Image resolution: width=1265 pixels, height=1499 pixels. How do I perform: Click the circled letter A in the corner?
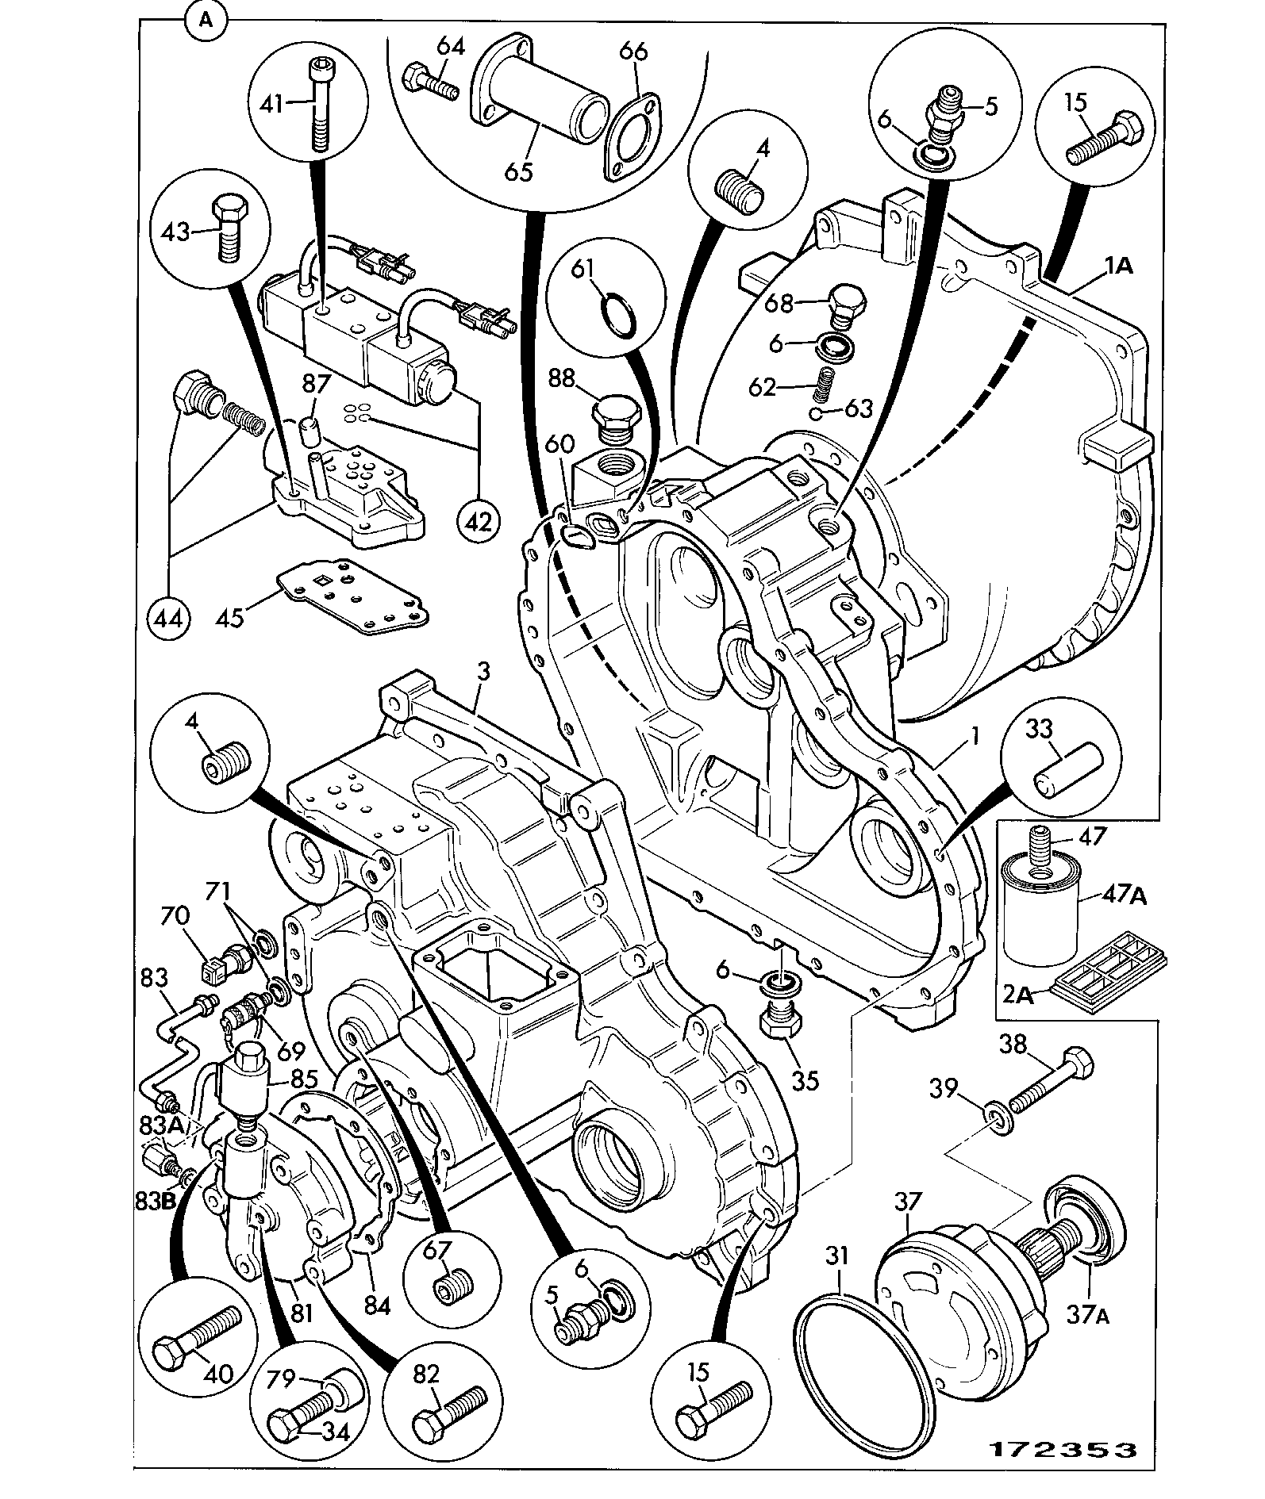pyautogui.click(x=206, y=21)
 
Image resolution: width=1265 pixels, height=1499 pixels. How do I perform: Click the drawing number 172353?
pyautogui.click(x=1062, y=1448)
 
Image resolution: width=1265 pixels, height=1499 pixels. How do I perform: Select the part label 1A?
pyautogui.click(x=1117, y=266)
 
